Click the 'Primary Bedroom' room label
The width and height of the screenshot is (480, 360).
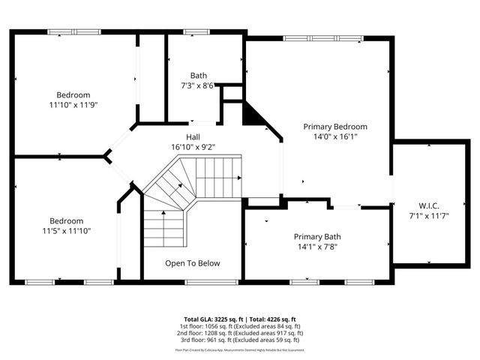tap(334, 127)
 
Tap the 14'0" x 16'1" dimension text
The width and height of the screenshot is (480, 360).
tap(334, 137)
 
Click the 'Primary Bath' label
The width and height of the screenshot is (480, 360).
tap(316, 236)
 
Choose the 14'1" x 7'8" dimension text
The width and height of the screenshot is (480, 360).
tap(316, 246)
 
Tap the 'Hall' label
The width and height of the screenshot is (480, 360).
tap(193, 136)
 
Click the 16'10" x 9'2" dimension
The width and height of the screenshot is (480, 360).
tap(193, 147)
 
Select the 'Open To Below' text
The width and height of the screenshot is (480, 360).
tap(193, 263)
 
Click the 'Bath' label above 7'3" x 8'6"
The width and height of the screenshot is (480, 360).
tap(198, 75)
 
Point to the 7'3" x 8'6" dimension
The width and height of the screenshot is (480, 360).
tap(198, 85)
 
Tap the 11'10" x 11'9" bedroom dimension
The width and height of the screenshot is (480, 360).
tap(73, 105)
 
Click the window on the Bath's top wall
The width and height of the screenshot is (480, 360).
tap(197, 31)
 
